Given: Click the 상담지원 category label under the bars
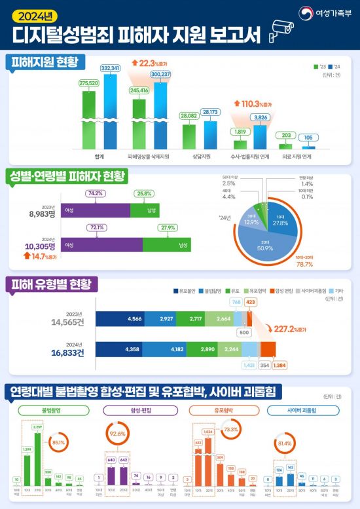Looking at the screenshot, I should point(199,157).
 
